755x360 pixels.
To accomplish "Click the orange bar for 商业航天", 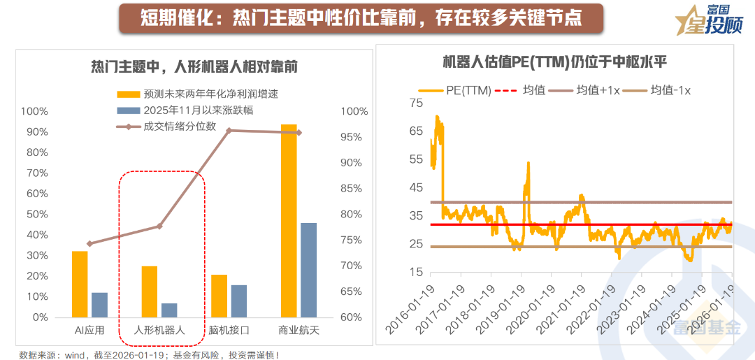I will click(x=289, y=221).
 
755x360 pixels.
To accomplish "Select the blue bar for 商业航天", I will click(x=308, y=270).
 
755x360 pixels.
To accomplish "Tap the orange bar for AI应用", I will click(x=80, y=284).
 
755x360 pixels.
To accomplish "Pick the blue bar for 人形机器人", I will click(x=169, y=310).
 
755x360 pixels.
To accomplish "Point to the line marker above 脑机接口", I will click(x=229, y=131).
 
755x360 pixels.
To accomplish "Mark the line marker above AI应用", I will click(x=89, y=244).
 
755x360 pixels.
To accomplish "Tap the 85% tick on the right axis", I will click(x=354, y=188).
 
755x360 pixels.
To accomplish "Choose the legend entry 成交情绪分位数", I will click(x=179, y=127).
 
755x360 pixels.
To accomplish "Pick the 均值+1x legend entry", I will click(x=595, y=90).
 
